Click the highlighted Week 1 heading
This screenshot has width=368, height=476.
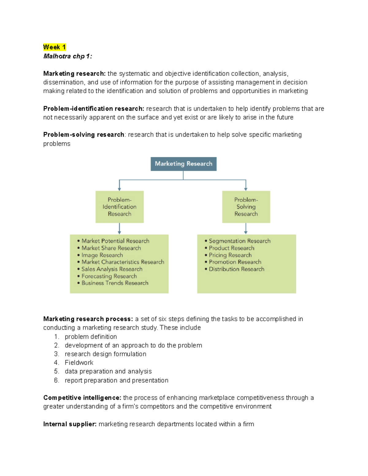54,47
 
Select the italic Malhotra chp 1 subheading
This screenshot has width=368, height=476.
67,56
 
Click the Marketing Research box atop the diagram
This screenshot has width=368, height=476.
183,164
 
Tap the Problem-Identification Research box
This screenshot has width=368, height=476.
119,207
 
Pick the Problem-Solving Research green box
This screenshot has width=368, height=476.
246,207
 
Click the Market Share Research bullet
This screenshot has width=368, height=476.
111,248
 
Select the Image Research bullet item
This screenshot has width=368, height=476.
102,255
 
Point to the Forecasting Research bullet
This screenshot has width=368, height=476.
109,276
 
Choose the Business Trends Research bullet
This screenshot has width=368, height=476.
115,283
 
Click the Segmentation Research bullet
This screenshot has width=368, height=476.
240,241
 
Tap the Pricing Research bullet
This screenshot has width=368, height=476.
230,255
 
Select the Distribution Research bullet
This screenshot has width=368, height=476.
236,269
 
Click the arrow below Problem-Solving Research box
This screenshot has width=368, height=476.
246,228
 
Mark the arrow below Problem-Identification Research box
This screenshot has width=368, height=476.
119,228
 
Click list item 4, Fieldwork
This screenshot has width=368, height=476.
79,363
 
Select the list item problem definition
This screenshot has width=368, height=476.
91,337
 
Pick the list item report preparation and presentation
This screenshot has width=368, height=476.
117,380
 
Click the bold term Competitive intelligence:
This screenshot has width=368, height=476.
82,398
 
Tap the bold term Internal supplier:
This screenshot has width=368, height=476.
70,424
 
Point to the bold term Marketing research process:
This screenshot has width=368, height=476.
88,319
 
